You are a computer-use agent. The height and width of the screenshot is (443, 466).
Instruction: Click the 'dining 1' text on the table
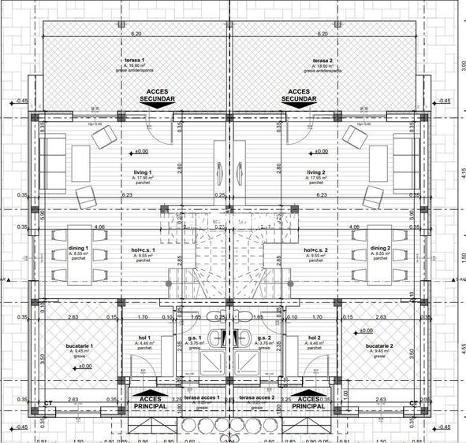[76, 249]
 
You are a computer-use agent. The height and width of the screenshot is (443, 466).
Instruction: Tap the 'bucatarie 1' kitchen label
[80, 346]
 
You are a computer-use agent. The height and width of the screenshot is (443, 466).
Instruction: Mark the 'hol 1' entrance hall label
[144, 338]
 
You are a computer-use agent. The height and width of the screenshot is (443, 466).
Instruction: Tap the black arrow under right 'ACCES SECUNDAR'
[300, 110]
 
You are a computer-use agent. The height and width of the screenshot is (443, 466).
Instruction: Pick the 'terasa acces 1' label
[202, 399]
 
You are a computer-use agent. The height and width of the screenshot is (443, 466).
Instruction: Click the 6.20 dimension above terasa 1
[136, 34]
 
